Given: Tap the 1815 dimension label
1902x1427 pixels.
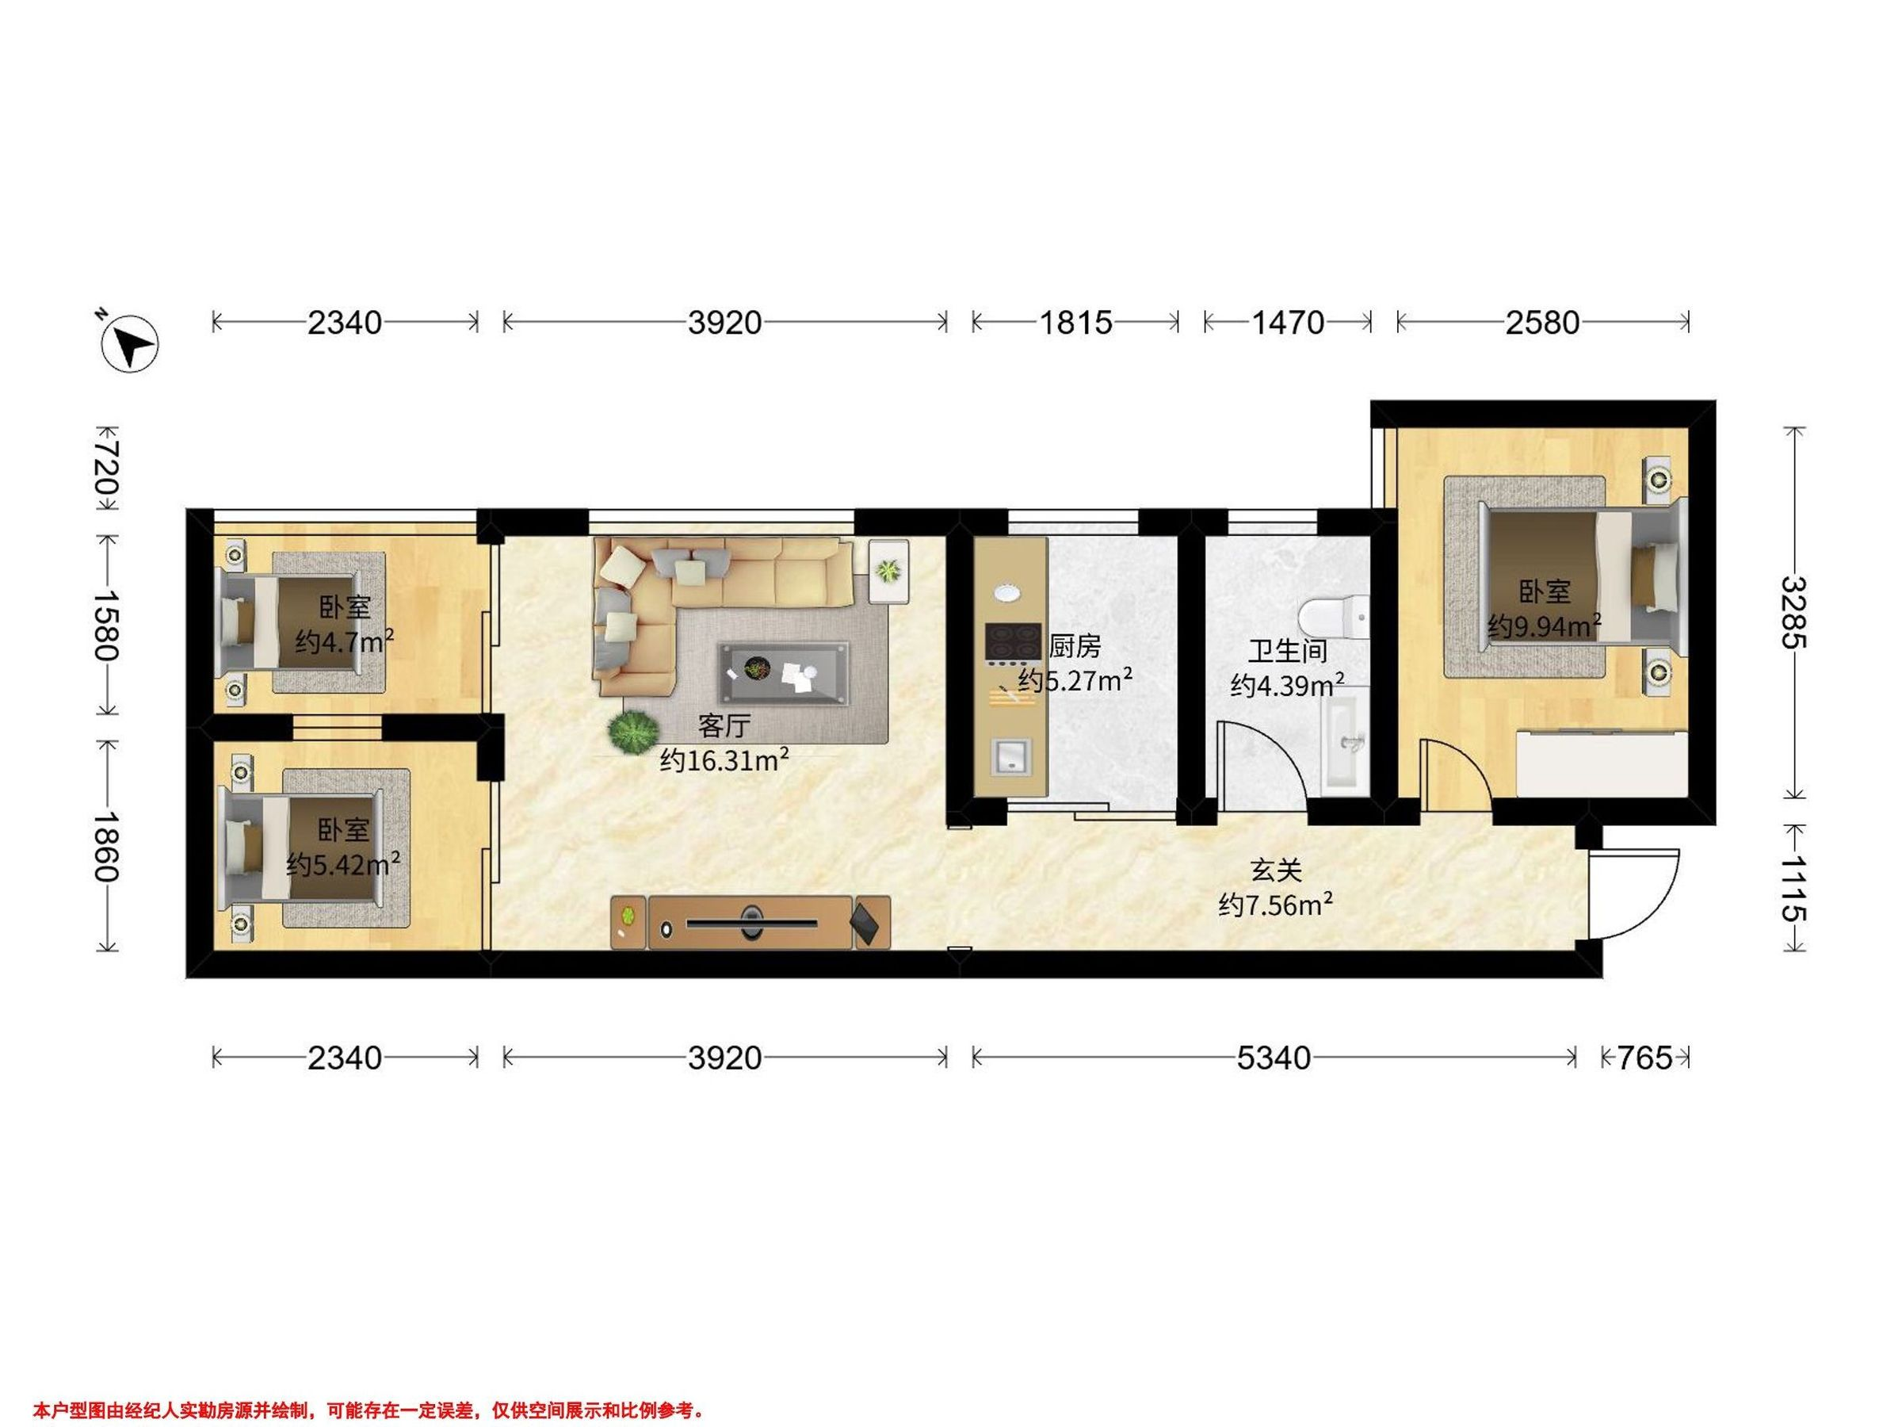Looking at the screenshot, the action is [1075, 323].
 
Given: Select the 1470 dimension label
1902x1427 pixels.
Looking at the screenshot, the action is [1287, 323].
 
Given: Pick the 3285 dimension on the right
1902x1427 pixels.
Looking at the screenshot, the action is [1793, 613].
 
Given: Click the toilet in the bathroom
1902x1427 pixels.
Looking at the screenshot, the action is [1332, 617].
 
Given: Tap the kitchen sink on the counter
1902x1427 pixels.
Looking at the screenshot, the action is [1011, 757].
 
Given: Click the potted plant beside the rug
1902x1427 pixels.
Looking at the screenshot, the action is [634, 733].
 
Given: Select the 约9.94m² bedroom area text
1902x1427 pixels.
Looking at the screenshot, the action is [1545, 626].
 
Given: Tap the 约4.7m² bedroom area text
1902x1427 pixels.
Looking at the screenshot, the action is [345, 641].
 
